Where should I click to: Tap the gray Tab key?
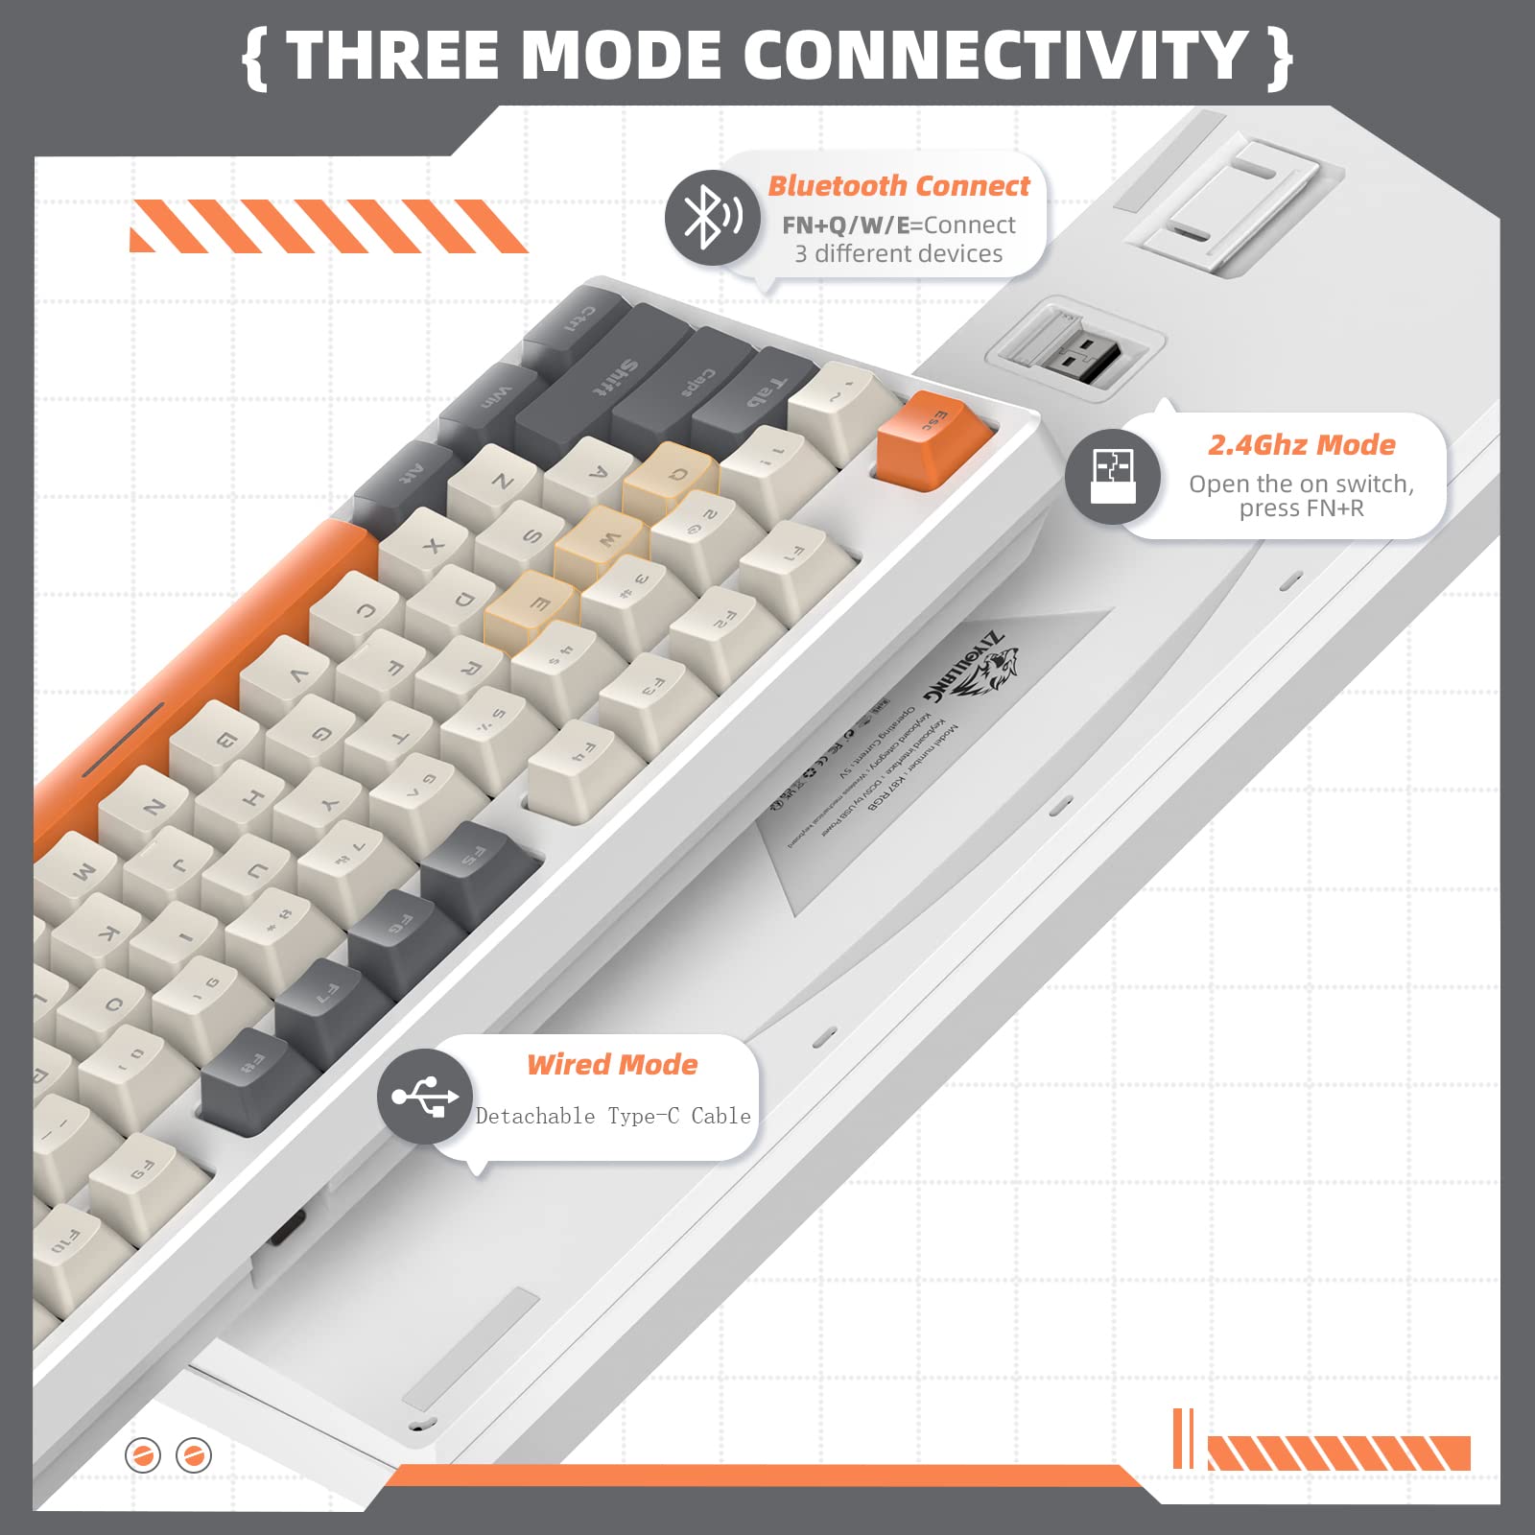click(758, 393)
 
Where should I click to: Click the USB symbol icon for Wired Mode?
click(425, 1096)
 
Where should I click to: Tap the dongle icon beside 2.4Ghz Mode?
click(1113, 476)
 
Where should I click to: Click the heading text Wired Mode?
click(612, 1064)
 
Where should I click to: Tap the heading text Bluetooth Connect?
click(899, 185)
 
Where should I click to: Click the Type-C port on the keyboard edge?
click(288, 1226)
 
